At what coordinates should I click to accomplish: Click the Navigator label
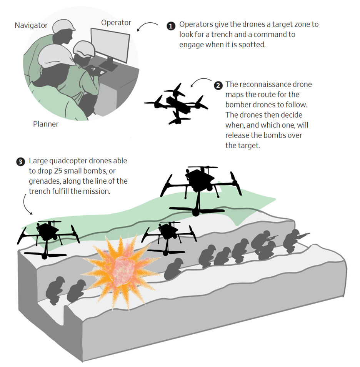31,25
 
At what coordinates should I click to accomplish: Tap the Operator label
116,22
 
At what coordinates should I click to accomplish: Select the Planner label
46,124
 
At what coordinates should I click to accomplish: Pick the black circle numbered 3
20,162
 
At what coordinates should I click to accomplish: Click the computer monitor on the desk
110,46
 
